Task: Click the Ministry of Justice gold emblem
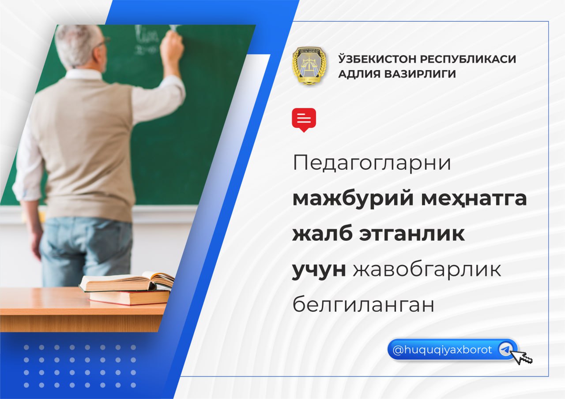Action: click(309, 65)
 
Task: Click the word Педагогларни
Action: click(372, 163)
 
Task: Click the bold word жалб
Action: click(322, 234)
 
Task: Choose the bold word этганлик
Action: click(412, 234)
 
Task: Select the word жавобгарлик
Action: click(427, 269)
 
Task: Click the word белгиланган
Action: click(363, 304)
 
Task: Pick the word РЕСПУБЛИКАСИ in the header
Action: click(468, 59)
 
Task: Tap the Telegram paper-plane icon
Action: click(505, 350)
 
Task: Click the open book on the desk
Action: click(127, 282)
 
